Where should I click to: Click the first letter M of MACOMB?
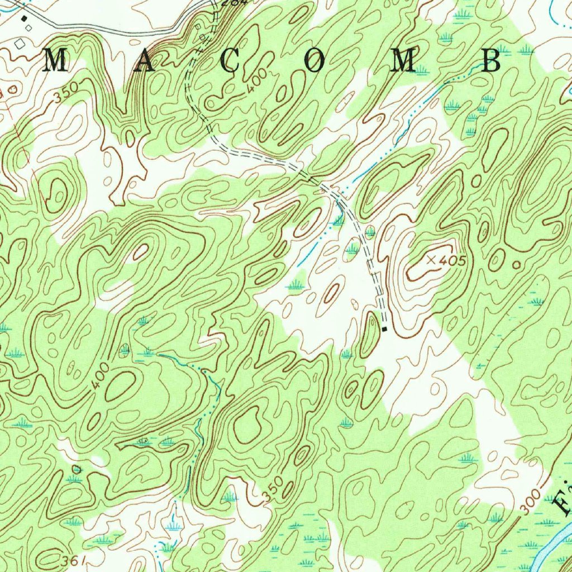(x=55, y=60)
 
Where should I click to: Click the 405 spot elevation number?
(x=452, y=260)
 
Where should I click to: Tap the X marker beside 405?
(x=431, y=260)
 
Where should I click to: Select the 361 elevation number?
(x=77, y=559)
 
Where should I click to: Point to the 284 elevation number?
(x=226, y=3)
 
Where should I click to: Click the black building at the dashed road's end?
(x=384, y=330)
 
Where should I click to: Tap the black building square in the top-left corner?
(x=24, y=18)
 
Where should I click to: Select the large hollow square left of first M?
(x=21, y=43)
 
